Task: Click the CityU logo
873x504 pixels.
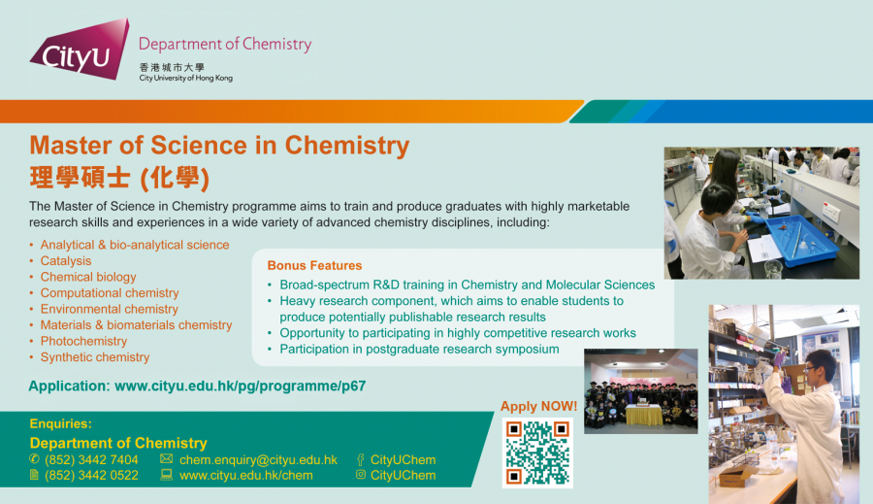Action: [80, 49]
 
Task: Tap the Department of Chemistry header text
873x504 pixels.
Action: [225, 44]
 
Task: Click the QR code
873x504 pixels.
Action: [537, 453]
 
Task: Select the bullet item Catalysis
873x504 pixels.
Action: [66, 261]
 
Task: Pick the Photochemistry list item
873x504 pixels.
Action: [83, 341]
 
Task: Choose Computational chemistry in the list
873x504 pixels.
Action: [110, 293]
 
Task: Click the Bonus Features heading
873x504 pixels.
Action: [314, 265]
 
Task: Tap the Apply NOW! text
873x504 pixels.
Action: [538, 406]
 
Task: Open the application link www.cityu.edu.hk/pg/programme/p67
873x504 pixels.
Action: [240, 386]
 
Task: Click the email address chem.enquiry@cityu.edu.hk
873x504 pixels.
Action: [258, 460]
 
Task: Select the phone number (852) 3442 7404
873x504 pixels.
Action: [91, 460]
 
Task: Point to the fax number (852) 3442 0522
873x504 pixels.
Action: [91, 476]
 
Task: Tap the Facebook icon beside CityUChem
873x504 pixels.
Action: [361, 460]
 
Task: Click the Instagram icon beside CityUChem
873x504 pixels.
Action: [361, 475]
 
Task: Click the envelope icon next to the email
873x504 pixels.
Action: [166, 458]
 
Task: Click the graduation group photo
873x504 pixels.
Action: [641, 390]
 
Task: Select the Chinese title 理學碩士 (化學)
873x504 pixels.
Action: [119, 178]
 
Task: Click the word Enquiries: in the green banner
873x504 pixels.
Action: [61, 423]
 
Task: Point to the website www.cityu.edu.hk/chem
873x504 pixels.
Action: [246, 476]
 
